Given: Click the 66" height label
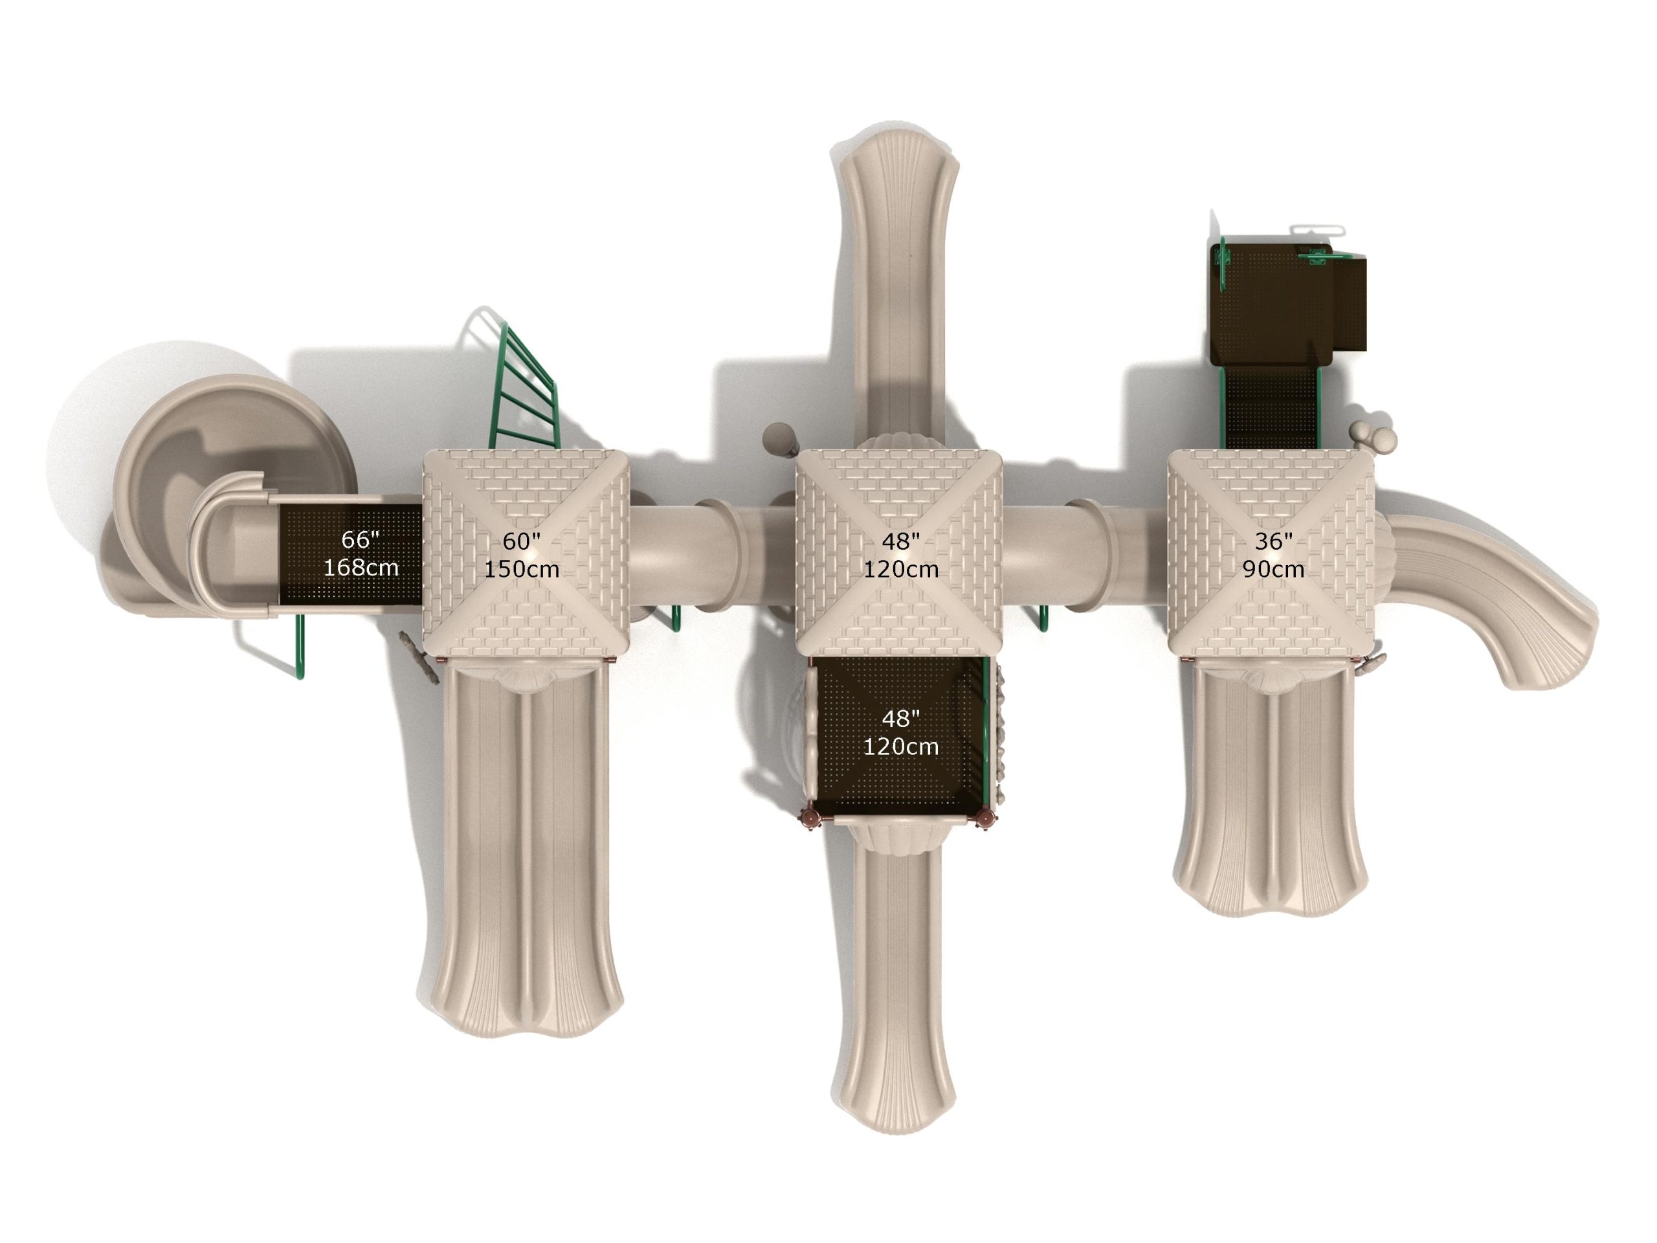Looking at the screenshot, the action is click(x=361, y=539).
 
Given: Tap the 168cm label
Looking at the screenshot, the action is click(x=361, y=567).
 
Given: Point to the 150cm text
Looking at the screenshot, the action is click(x=521, y=568).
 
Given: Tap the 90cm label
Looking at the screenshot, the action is click(x=1273, y=568).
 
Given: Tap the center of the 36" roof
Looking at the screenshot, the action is click(x=1272, y=553).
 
